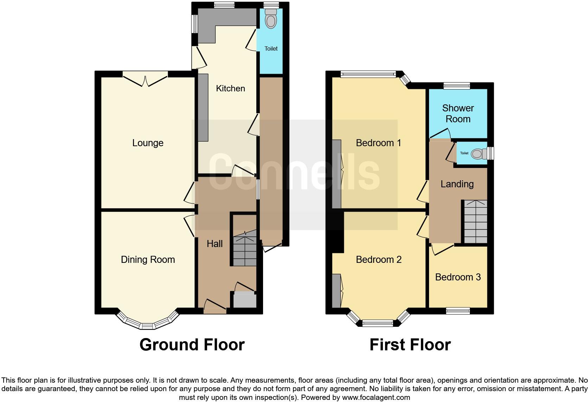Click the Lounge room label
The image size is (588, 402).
(x=148, y=143)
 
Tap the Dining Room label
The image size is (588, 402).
(x=148, y=260)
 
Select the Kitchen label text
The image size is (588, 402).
(x=230, y=89)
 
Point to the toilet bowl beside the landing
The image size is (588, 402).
(x=477, y=154)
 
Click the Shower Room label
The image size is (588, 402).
(x=458, y=114)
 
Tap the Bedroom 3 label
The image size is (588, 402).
(x=458, y=277)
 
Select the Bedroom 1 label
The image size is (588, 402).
(x=378, y=143)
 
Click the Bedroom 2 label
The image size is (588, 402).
(x=378, y=260)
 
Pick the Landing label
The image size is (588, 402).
(x=457, y=184)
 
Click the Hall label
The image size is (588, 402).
(x=215, y=244)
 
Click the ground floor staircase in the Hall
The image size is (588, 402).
(x=245, y=250)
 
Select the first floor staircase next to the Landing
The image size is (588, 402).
(x=475, y=221)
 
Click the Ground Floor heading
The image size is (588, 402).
(x=192, y=345)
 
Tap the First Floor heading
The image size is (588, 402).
(x=410, y=345)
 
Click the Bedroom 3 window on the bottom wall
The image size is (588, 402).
(x=458, y=311)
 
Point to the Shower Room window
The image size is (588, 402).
(x=456, y=86)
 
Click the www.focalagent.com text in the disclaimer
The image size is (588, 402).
(x=376, y=398)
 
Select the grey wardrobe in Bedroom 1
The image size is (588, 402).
(x=337, y=174)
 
